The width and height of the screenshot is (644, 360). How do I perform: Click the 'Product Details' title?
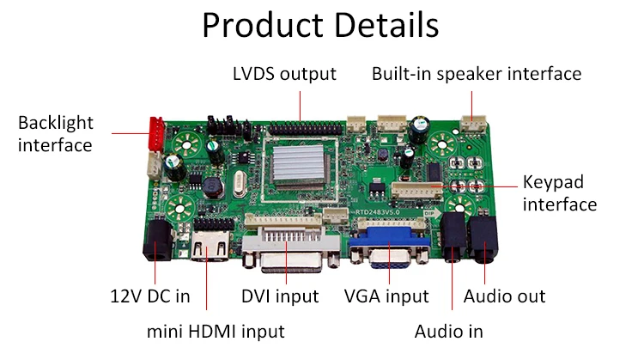(x=320, y=25)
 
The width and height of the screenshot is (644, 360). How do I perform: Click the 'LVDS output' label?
(x=284, y=73)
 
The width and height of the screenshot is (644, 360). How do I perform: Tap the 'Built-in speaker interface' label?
(x=477, y=73)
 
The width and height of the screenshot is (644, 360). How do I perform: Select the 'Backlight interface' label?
(x=55, y=134)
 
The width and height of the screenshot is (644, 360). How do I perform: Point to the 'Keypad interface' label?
(x=559, y=193)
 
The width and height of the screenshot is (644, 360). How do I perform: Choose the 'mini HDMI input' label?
(x=214, y=330)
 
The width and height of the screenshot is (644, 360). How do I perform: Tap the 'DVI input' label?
(x=280, y=296)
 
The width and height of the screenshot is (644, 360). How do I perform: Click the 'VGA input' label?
(x=386, y=296)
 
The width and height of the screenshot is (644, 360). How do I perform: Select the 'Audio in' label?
(x=448, y=330)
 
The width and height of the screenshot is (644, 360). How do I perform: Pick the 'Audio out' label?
(x=504, y=296)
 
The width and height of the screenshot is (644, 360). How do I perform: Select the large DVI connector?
(x=284, y=245)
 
